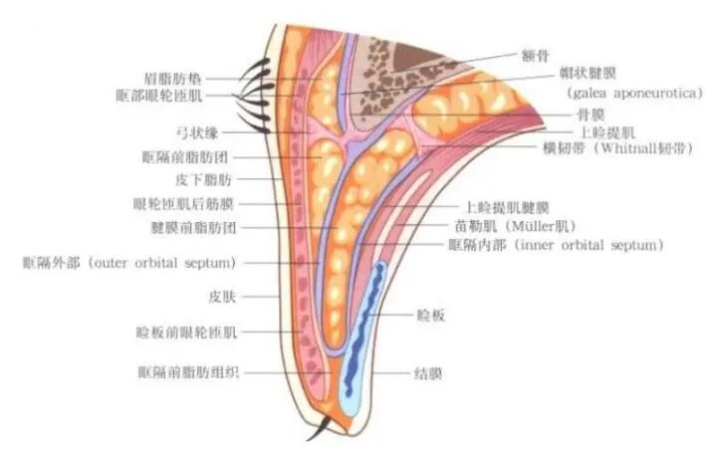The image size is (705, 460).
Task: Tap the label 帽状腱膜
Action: click(582, 74)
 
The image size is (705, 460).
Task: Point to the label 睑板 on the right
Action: click(430, 315)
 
